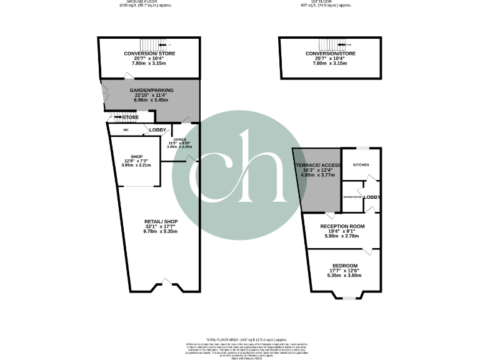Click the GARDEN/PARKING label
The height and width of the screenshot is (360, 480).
(151, 90)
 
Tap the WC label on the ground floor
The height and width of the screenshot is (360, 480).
(126, 130)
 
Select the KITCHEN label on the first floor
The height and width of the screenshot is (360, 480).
(361, 165)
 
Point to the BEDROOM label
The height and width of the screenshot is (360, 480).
(345, 265)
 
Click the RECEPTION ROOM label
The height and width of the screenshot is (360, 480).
(342, 226)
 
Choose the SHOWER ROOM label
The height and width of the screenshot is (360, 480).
(352, 197)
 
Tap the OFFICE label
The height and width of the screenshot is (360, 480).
(180, 139)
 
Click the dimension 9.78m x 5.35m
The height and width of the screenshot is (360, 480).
(161, 231)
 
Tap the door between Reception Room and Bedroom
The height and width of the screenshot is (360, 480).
(369, 251)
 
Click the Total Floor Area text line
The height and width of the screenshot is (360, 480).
(240, 337)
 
